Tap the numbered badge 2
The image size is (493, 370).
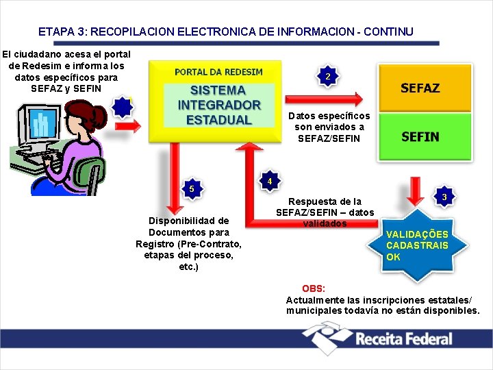[x=329, y=76]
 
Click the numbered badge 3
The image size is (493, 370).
[x=444, y=197]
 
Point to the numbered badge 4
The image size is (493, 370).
[x=270, y=181]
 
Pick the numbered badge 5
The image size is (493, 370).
[x=192, y=188]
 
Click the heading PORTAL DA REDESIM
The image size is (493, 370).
[x=218, y=72]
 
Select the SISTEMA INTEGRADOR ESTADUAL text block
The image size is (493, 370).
[x=219, y=105]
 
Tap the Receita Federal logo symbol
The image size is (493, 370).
[x=327, y=338]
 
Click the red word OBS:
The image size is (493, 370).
[x=314, y=288]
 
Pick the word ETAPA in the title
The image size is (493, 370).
[x=52, y=32]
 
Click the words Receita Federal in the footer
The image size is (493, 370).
[x=403, y=338]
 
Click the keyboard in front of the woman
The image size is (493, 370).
[x=31, y=158]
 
